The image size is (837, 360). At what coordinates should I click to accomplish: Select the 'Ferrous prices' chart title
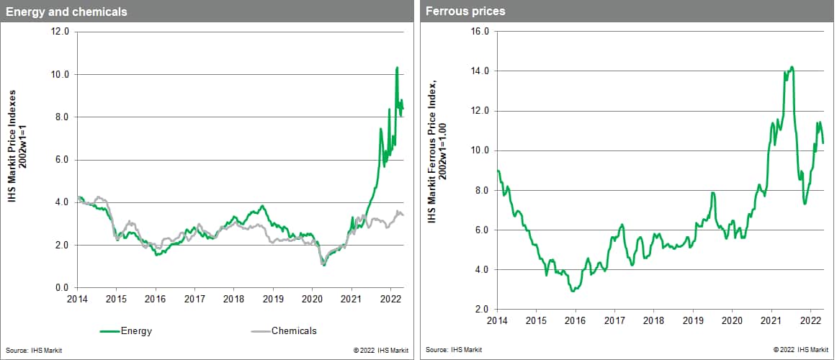pos(465,11)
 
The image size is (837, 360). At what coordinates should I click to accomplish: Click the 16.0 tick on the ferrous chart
pos(479,32)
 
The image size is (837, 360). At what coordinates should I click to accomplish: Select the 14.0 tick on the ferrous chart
pos(479,71)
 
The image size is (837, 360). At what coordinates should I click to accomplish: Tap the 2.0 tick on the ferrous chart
pos(481,310)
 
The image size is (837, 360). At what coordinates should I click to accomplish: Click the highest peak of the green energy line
pos(397,68)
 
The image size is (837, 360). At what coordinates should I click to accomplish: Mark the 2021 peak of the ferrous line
pos(792,67)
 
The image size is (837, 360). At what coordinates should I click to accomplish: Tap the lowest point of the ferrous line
pos(573,291)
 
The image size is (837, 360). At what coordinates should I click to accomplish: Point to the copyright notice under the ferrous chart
pos(800,350)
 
